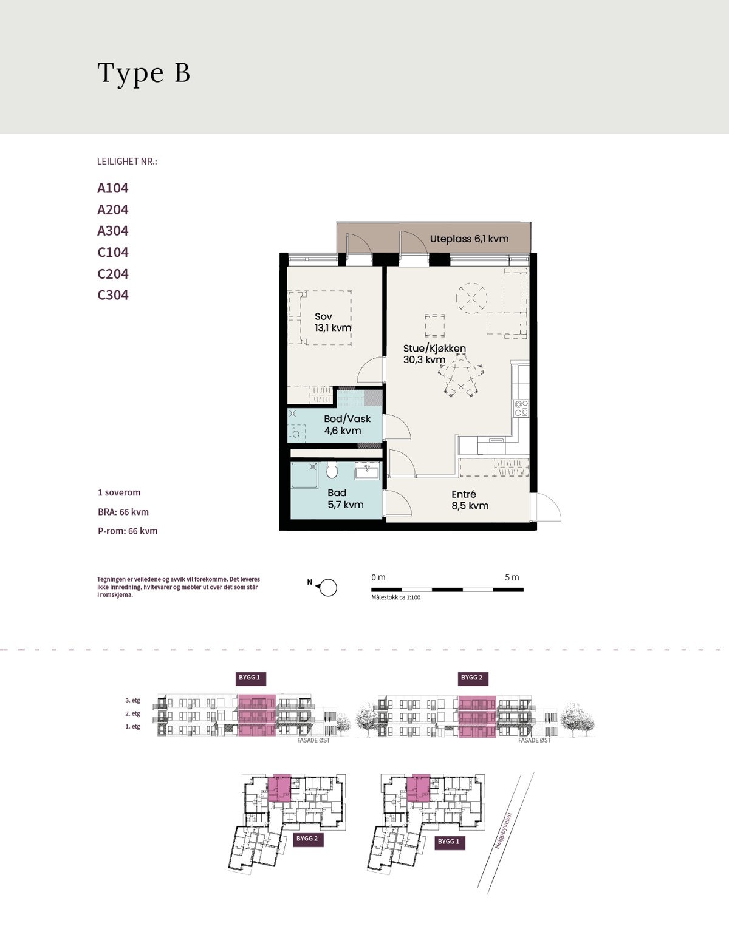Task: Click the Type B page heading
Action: coord(143,73)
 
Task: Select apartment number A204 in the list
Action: coord(113,209)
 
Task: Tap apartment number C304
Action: coord(113,294)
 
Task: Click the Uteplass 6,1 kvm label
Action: coord(469,239)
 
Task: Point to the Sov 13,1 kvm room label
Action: coord(332,322)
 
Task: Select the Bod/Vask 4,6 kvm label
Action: coord(347,424)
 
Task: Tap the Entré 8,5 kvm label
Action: coord(470,500)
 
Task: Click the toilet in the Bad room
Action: coord(332,470)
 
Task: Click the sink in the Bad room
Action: coord(367,471)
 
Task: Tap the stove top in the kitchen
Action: coord(521,408)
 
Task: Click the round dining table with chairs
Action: coord(460,375)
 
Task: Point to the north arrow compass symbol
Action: coord(327,587)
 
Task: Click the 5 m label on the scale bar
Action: coord(512,577)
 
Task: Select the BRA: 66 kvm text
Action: coord(123,512)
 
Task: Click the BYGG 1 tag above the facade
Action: coord(249,678)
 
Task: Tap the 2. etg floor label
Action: coord(132,713)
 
